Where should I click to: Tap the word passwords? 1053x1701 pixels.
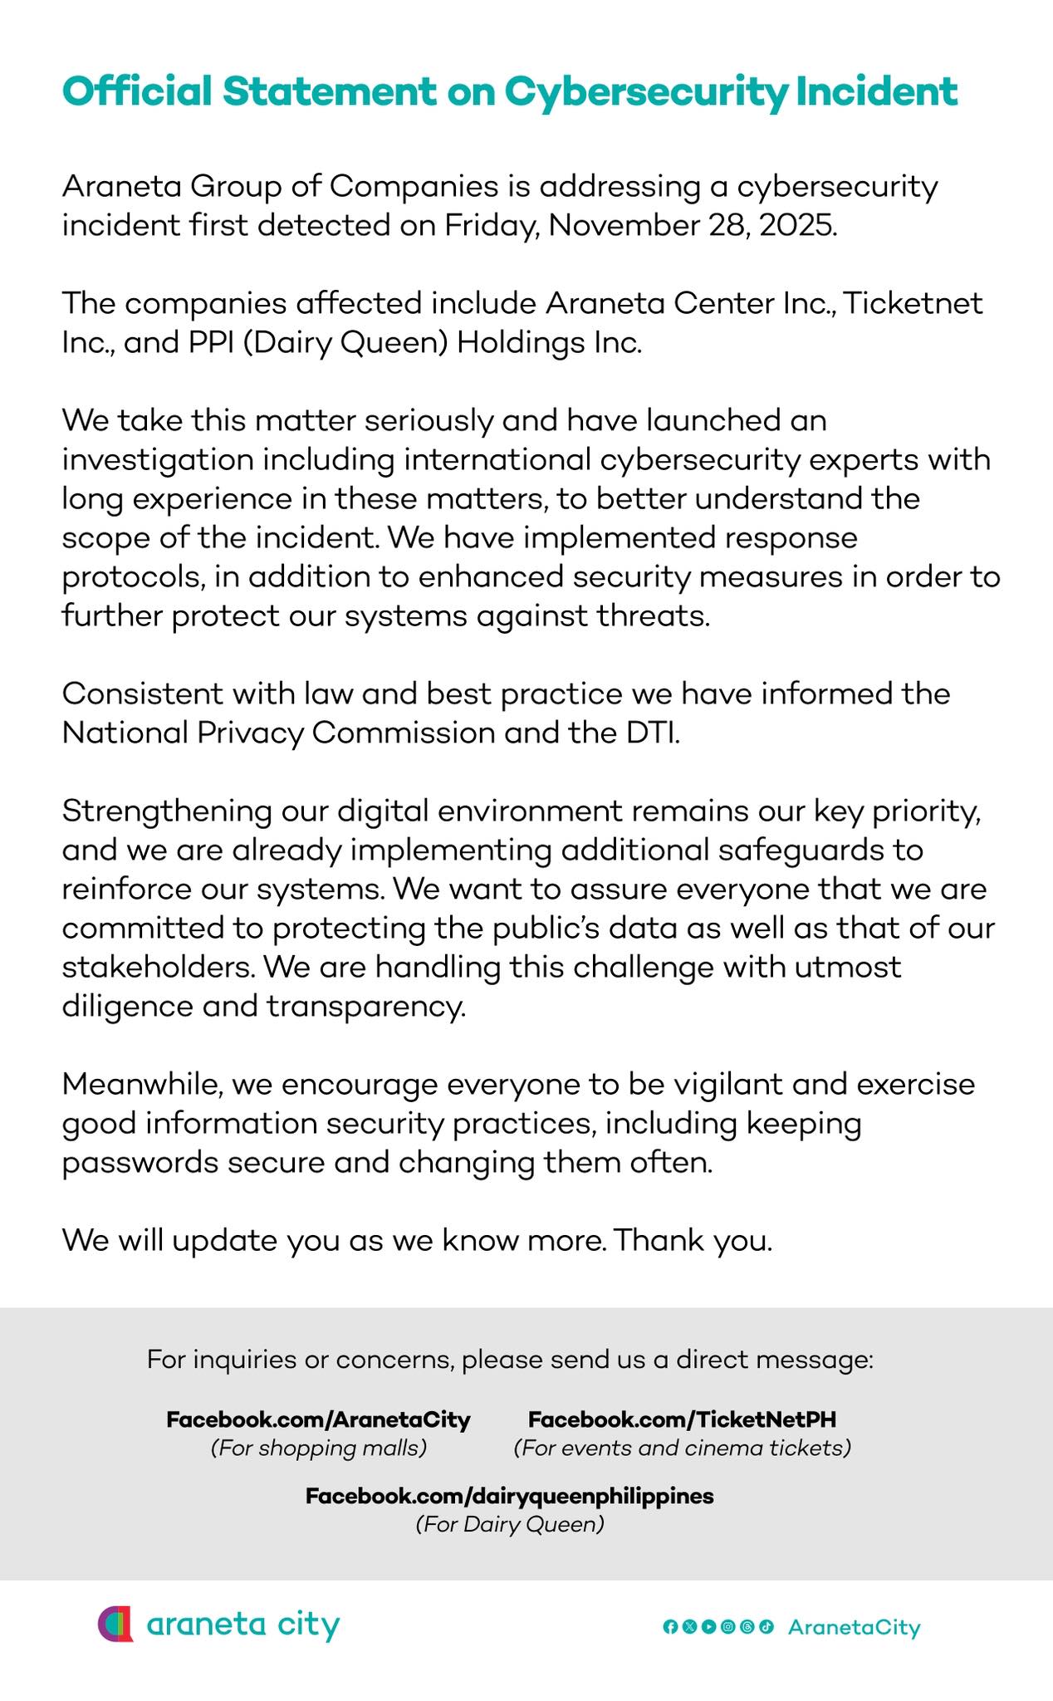coord(138,1162)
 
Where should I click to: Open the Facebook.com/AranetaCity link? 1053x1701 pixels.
coord(319,1419)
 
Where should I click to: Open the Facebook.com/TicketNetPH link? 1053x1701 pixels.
coord(682,1419)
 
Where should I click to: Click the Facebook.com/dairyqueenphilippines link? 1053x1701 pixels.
coord(509,1496)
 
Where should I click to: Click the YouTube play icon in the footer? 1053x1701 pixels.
coord(708,1626)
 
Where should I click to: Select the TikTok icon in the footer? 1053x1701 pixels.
coord(766,1626)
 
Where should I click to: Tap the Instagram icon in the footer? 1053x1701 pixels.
coord(727,1626)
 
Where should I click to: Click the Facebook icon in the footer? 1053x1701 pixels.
coord(669,1626)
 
